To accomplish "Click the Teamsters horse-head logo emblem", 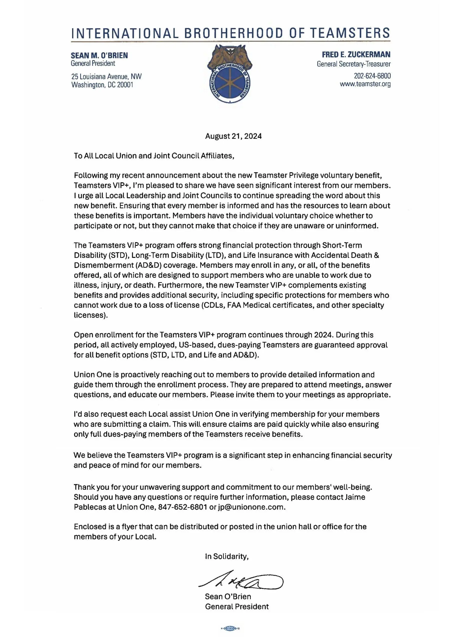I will [230, 73].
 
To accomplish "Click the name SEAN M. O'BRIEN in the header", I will [99, 55].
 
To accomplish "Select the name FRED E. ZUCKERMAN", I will [356, 55].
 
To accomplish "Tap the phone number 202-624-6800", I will [372, 76].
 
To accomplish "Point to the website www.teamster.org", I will [365, 84].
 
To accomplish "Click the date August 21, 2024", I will [233, 136].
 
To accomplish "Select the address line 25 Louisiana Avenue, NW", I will [106, 77].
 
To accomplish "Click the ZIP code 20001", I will [125, 85].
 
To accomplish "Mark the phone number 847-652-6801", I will [182, 507].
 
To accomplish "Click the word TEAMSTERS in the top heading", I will [350, 33].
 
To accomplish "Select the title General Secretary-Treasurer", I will [353, 64].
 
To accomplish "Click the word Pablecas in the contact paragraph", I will [90, 507].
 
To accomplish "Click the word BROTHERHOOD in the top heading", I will [233, 33].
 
